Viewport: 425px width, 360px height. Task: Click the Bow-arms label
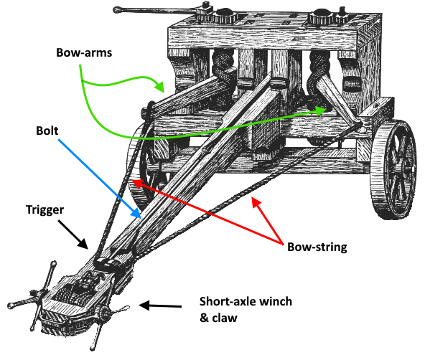[84, 52]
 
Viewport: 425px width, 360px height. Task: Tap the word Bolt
[47, 131]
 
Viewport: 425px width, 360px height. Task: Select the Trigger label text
[45, 210]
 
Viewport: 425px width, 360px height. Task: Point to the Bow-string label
[317, 247]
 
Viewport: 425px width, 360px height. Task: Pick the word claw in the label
[225, 318]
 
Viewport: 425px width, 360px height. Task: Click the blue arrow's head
[136, 213]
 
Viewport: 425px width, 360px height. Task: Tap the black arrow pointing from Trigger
[73, 234]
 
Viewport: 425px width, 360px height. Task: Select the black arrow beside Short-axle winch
[160, 305]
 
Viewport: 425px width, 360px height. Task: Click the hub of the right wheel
[408, 169]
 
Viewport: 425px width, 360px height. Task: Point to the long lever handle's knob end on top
[116, 10]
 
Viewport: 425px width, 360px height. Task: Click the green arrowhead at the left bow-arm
[159, 86]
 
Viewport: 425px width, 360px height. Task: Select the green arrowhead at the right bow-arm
[321, 110]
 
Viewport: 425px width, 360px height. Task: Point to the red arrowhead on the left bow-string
[138, 184]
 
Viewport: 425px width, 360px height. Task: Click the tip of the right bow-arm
[360, 127]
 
